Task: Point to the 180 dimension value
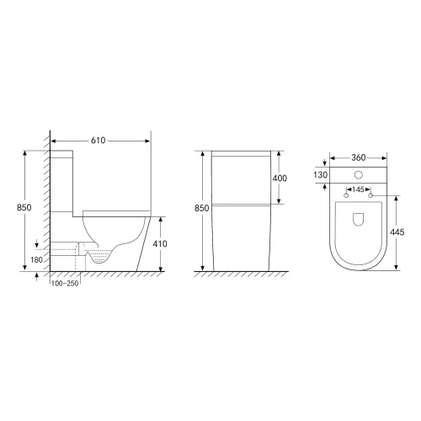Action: click(x=36, y=259)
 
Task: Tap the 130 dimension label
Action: click(x=320, y=174)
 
